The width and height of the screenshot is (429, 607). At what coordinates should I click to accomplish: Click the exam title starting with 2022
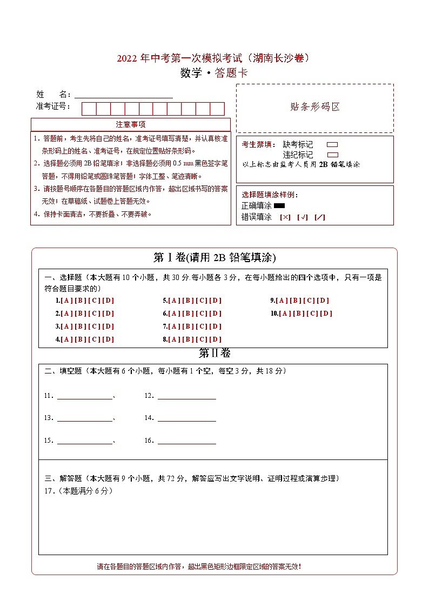[x=214, y=58]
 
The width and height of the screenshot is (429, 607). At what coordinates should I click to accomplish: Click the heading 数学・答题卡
[x=214, y=74]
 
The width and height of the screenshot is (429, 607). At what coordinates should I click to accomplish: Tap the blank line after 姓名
[x=124, y=95]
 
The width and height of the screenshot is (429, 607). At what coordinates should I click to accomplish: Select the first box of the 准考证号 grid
[x=89, y=109]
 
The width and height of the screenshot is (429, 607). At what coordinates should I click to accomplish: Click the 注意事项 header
[x=131, y=124]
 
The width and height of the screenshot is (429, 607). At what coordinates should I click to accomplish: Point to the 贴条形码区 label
[x=315, y=106]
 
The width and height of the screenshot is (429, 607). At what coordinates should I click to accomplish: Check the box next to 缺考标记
[x=332, y=145]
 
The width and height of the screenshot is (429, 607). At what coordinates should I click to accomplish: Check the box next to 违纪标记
[x=332, y=155]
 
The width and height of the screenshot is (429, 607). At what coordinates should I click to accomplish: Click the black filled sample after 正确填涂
[x=279, y=206]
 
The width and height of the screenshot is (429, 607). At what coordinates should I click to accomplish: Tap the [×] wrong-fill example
[x=285, y=217]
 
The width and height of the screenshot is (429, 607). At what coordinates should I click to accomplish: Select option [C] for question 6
[x=202, y=313]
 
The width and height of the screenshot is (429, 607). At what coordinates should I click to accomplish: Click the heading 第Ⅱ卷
[x=215, y=353]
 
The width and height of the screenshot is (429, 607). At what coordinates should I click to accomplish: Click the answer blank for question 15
[x=85, y=441]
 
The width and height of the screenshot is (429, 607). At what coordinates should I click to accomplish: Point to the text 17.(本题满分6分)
[x=78, y=491]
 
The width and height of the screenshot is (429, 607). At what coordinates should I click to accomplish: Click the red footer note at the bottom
[x=199, y=566]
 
